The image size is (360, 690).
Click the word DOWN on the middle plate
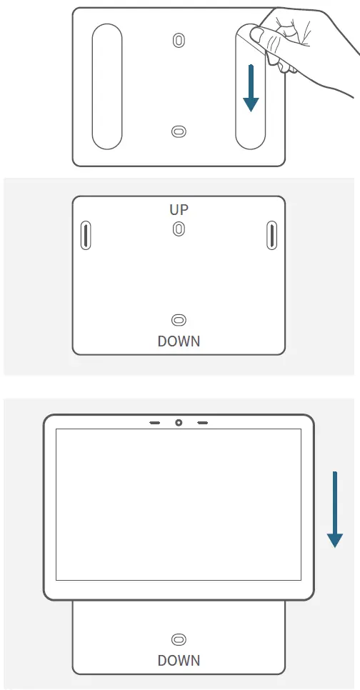click(179, 341)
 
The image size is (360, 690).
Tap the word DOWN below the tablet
click(179, 660)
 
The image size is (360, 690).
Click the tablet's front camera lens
click(179, 423)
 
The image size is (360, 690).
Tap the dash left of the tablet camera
click(154, 423)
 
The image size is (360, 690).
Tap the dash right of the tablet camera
click(203, 423)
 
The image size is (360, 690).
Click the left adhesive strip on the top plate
click(106, 86)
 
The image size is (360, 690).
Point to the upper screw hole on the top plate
click(178, 40)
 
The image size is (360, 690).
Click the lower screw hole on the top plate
click(179, 131)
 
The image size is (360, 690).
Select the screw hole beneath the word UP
click(179, 229)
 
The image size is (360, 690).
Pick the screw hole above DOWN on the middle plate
click(179, 321)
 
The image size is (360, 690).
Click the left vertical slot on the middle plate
click(85, 235)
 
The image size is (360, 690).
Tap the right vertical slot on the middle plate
click(271, 235)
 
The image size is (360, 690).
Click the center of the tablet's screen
click(179, 504)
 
